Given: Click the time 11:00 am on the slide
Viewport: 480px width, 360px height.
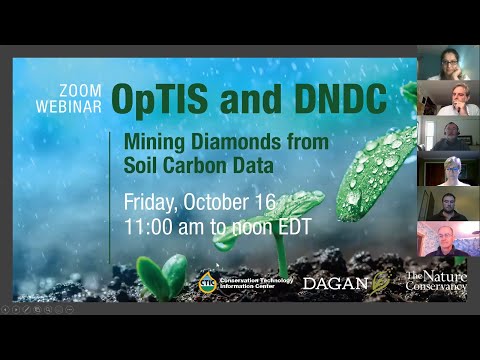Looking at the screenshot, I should coord(164,227).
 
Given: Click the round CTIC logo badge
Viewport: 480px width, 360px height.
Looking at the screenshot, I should coord(207,282).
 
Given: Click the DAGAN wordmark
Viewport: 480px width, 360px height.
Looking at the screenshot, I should coord(335,284).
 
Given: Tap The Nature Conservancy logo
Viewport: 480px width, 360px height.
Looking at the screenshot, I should coord(436,282).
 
